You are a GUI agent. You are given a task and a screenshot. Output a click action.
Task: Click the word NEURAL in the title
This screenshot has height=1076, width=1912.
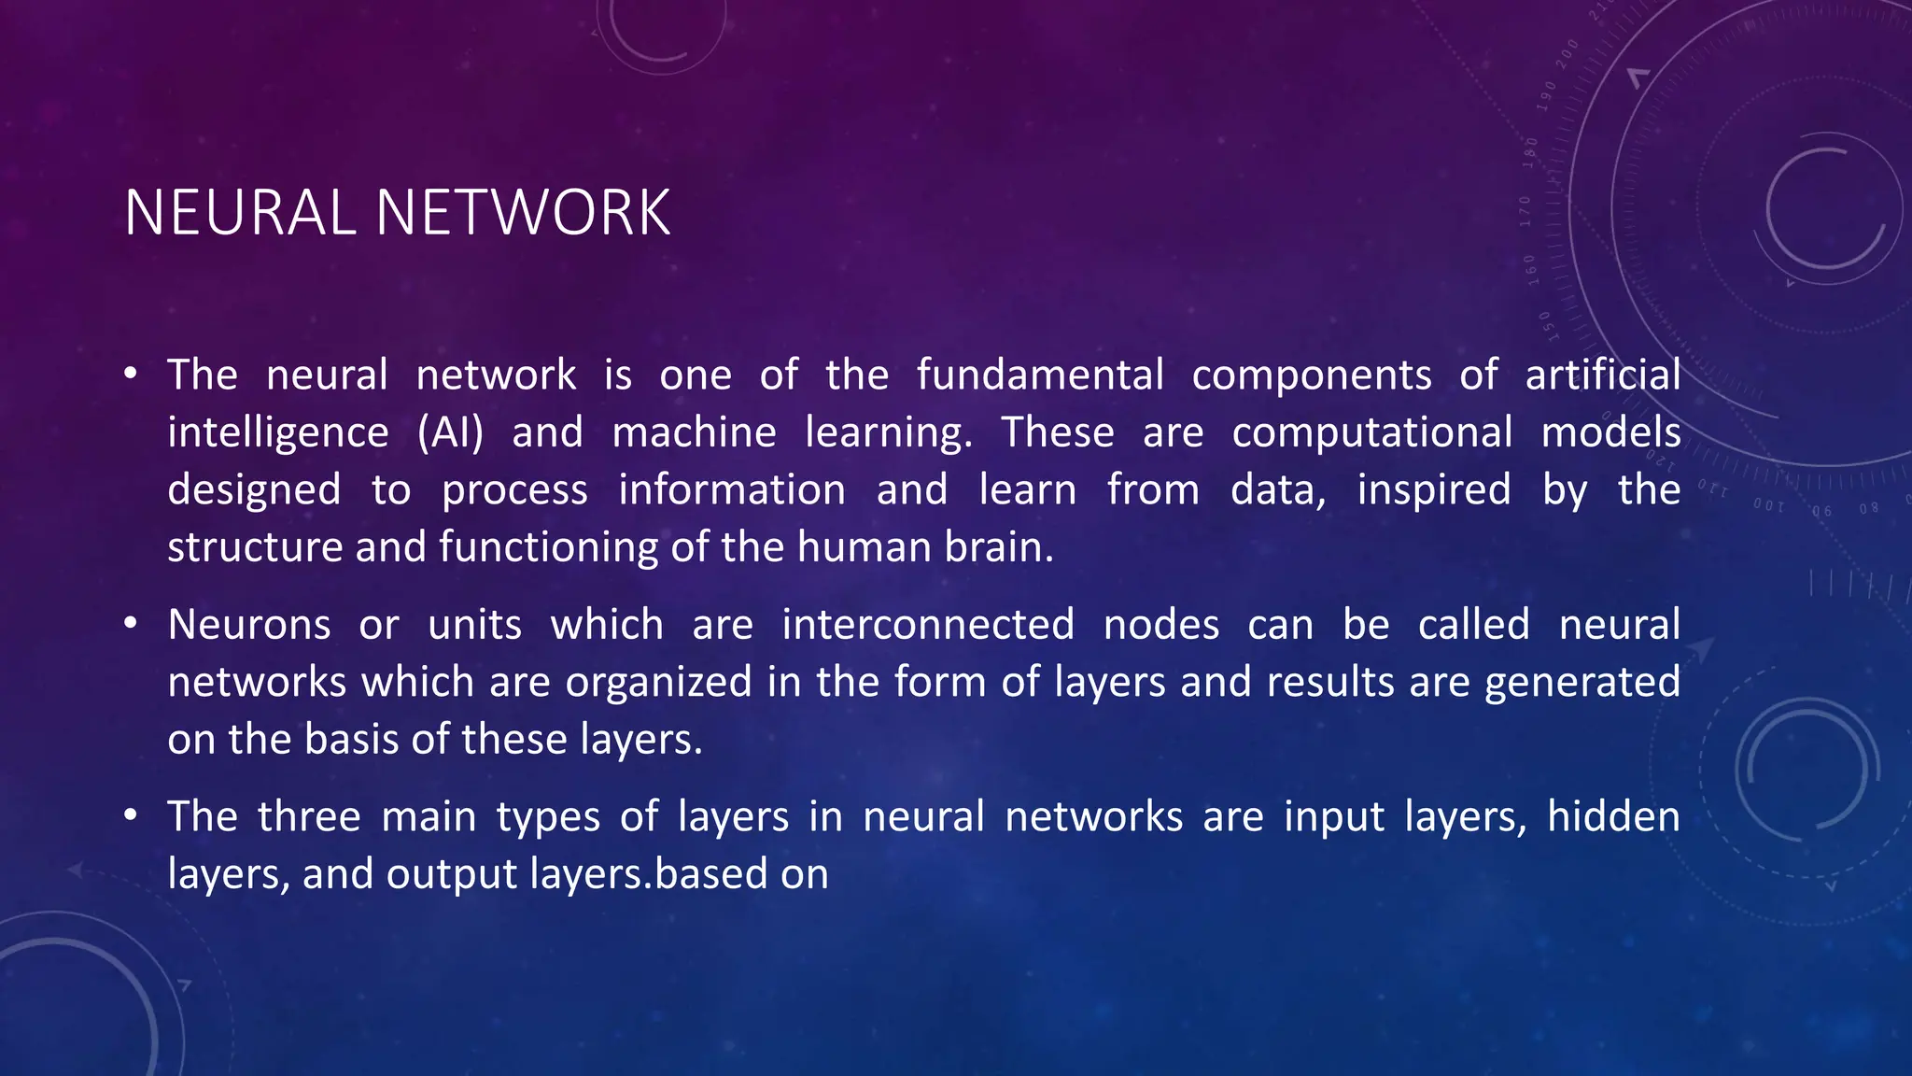point(239,213)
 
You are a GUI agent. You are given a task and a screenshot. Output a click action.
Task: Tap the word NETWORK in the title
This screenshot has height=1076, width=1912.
point(523,213)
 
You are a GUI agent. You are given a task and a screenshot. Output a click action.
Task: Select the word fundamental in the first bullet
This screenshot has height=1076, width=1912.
point(1040,375)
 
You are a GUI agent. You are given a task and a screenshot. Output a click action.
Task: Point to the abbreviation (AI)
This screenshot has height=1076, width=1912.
point(450,433)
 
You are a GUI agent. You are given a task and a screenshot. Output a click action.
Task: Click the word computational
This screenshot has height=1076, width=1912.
point(1372,433)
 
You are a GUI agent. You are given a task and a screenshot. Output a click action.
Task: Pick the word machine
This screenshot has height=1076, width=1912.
point(694,433)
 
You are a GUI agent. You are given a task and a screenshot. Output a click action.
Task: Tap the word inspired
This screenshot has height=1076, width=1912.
point(1434,491)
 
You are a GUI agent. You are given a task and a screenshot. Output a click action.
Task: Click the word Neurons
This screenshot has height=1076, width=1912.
point(249,625)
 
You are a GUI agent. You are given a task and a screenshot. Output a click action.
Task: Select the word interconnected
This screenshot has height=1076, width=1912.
point(928,625)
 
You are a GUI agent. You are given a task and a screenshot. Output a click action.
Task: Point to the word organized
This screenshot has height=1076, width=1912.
point(658,683)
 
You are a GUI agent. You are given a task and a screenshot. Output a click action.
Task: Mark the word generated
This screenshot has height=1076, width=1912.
point(1582,683)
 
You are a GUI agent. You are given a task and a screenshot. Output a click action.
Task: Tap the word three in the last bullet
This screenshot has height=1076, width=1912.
point(309,817)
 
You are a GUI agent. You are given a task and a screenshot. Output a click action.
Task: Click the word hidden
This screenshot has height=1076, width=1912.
point(1613,817)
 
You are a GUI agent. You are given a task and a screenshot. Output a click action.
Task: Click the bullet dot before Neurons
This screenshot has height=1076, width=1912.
point(132,623)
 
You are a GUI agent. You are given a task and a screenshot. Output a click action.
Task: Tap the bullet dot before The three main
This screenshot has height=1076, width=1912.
point(132,816)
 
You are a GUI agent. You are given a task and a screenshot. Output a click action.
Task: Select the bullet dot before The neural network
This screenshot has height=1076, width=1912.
point(132,375)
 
